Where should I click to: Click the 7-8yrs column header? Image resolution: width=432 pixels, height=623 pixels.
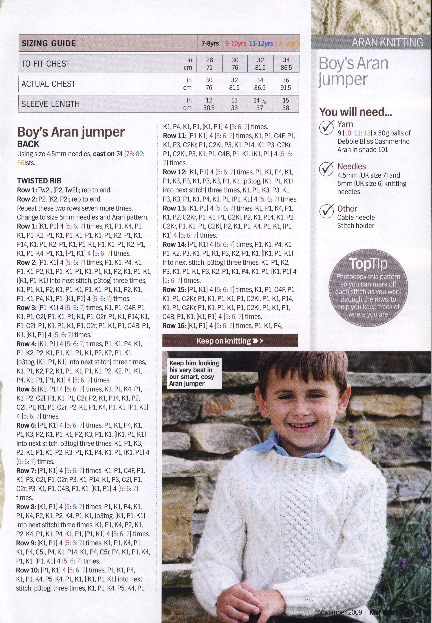[210, 43]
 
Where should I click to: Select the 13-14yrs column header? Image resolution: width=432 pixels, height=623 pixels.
[287, 43]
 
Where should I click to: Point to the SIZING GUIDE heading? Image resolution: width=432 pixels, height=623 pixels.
[49, 43]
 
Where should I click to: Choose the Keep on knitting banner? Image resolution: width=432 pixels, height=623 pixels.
[230, 341]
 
